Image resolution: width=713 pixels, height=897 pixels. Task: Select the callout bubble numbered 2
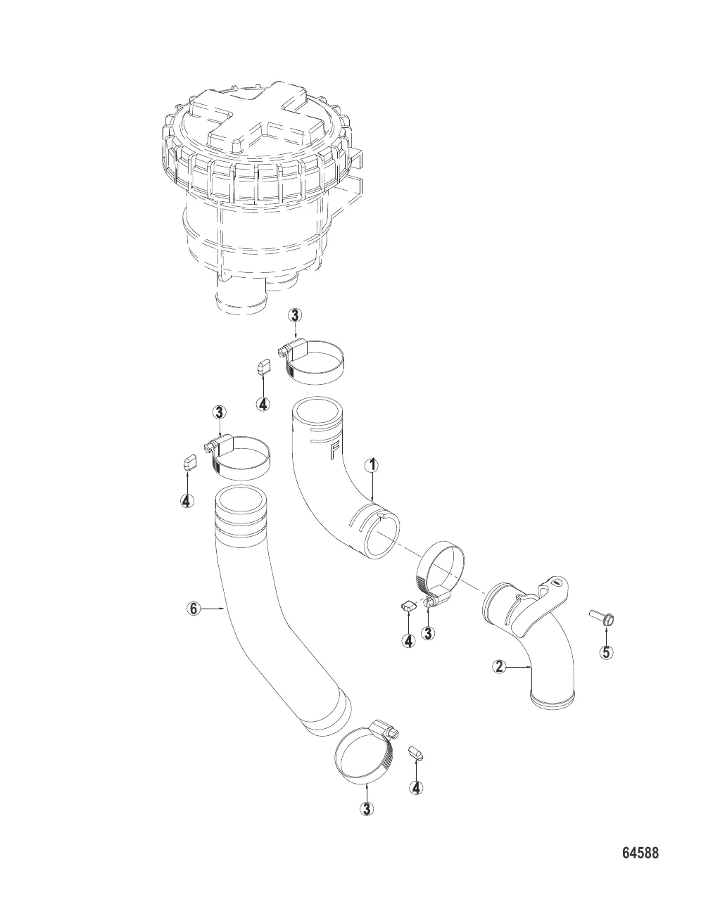[x=499, y=667]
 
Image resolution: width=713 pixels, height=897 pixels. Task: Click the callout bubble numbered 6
[x=194, y=609]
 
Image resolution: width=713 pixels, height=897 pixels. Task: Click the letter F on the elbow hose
[x=334, y=450]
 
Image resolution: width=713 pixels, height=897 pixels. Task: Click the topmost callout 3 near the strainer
[x=295, y=316]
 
